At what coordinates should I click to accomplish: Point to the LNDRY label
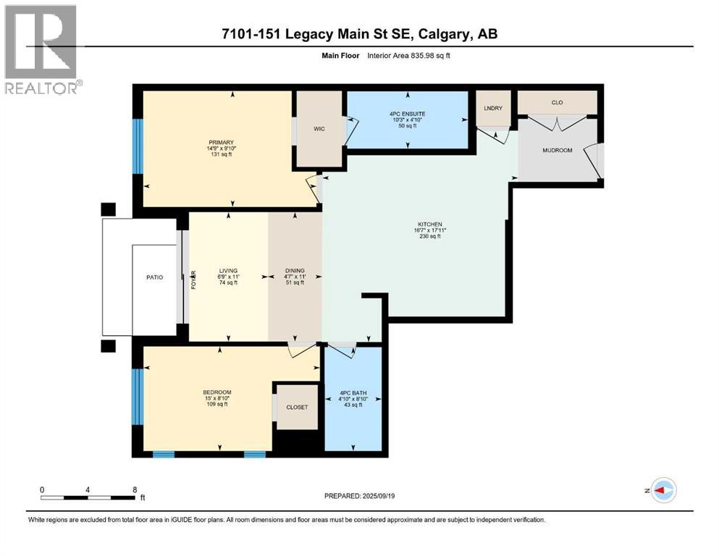click(x=493, y=108)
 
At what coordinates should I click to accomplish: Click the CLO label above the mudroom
click(x=557, y=103)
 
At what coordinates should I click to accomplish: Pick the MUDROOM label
click(x=558, y=151)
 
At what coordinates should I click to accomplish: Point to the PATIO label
click(x=154, y=277)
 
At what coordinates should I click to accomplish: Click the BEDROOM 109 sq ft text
click(x=216, y=404)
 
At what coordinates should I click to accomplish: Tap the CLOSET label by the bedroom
click(x=298, y=407)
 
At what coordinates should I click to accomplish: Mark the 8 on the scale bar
click(x=135, y=489)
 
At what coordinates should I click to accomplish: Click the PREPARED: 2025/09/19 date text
click(x=359, y=496)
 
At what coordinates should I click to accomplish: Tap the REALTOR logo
click(x=42, y=51)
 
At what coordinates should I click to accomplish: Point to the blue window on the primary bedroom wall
click(x=138, y=147)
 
